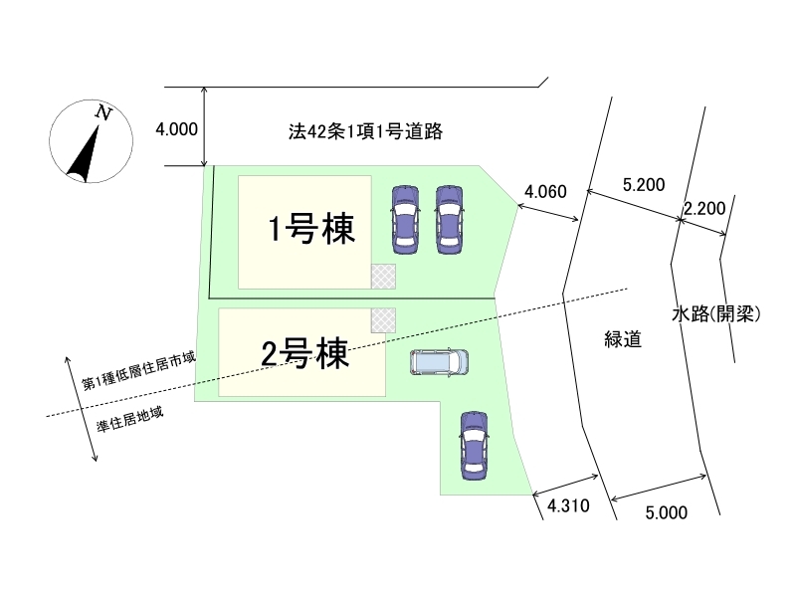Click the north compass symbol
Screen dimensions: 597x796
tap(88, 143)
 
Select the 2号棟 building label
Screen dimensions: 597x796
tap(303, 353)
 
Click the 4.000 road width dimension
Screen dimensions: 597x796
tap(176, 128)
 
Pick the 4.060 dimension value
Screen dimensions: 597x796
tap(545, 190)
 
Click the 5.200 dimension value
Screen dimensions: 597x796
tap(643, 184)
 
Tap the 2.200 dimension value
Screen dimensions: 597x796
tap(703, 208)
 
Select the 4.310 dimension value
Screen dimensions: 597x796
tap(569, 505)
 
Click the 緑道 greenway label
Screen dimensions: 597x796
tap(622, 339)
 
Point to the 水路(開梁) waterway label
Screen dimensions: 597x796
tap(716, 314)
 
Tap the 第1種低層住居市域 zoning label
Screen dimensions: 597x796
tap(137, 370)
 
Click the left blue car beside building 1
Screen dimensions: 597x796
tap(405, 216)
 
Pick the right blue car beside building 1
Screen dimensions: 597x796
tap(449, 216)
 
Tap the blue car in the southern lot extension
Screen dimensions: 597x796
tap(473, 444)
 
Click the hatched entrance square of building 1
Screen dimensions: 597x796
tap(383, 276)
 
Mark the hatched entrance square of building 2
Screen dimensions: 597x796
tap(383, 320)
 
